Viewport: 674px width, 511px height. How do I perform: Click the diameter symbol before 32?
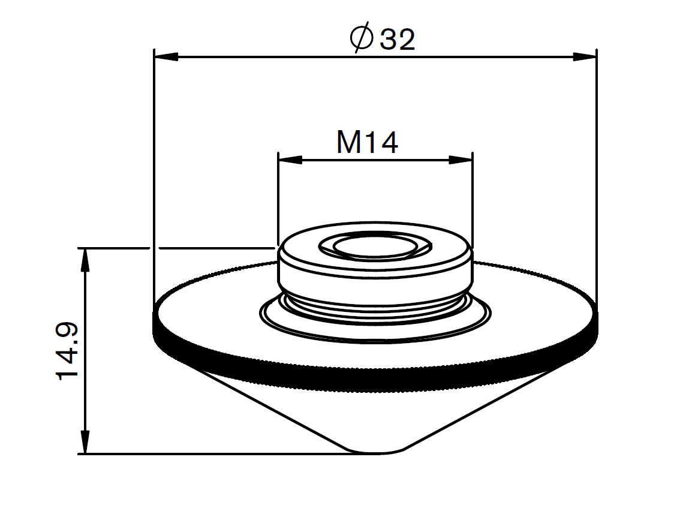362,40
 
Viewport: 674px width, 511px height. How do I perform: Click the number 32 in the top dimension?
397,40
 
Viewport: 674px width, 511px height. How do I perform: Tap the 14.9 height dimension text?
68,350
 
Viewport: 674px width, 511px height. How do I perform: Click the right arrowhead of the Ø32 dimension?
585,57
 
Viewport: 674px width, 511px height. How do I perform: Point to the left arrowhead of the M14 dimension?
290,160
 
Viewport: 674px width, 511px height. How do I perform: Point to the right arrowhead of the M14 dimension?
461,160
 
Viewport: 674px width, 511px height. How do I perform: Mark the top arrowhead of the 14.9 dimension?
86,258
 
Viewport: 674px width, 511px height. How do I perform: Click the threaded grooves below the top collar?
375,306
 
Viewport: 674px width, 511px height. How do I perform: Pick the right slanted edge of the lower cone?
480,411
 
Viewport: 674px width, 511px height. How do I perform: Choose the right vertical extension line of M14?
473,198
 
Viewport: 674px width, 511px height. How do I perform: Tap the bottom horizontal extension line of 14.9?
210,454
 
